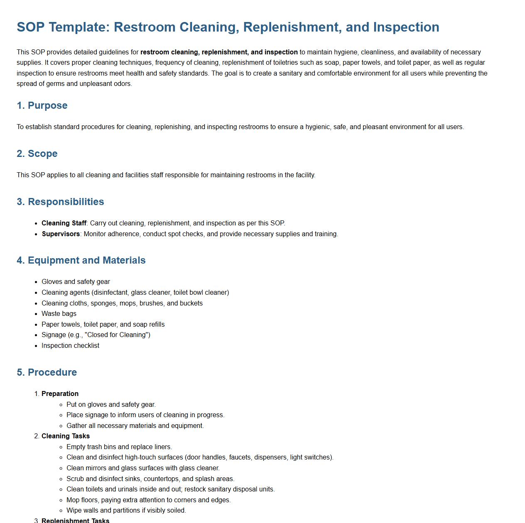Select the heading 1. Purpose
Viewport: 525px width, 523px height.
[x=42, y=105]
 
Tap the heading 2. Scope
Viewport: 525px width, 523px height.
[x=37, y=154]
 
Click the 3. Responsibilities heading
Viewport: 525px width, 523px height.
[x=60, y=202]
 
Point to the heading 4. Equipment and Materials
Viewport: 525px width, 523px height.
[x=81, y=260]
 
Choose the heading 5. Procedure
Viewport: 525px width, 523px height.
[x=47, y=372]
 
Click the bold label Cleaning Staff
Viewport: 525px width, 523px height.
[x=64, y=223]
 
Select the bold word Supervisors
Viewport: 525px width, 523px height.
[x=61, y=234]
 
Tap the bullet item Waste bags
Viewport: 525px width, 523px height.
[x=59, y=314]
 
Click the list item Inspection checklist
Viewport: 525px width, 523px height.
[x=70, y=346]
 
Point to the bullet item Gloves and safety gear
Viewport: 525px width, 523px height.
[x=76, y=282]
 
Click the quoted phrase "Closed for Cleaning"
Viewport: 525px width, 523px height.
[x=117, y=335]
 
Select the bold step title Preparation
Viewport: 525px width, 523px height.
[x=60, y=394]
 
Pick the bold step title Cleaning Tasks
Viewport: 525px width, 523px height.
[x=66, y=436]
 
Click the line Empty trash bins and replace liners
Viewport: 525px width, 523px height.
[x=119, y=447]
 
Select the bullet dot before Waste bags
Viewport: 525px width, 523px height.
[x=36, y=314]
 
